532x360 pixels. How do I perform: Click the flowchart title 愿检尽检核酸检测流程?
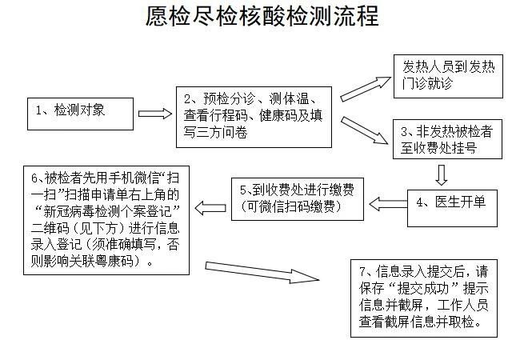[263, 18]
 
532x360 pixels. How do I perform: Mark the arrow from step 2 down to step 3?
[363, 130]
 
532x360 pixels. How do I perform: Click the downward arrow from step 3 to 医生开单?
[441, 173]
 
